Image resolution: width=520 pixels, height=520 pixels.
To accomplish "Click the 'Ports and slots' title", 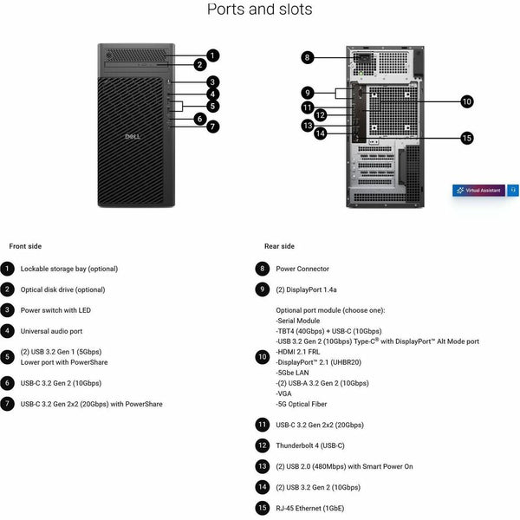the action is (x=260, y=10).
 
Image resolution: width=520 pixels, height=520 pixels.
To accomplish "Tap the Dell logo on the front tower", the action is (x=133, y=136).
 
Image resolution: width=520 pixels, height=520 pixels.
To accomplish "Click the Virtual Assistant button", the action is (x=479, y=191).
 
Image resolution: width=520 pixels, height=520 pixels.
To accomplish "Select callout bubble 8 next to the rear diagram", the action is (x=308, y=57).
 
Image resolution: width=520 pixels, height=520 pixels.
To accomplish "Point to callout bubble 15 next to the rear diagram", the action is (x=467, y=138).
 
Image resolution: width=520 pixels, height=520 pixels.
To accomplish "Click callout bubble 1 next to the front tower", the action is (x=212, y=55).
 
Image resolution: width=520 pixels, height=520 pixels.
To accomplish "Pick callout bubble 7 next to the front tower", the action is (x=212, y=127).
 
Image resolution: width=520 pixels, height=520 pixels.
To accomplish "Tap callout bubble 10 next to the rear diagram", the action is (x=467, y=101).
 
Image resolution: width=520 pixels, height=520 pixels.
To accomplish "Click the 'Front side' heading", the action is (x=25, y=246).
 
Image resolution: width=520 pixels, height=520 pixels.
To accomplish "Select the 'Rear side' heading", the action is (x=279, y=246).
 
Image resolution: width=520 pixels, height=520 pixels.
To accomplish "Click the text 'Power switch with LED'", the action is (x=55, y=310).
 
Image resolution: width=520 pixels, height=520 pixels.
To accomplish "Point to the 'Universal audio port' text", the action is (x=51, y=331).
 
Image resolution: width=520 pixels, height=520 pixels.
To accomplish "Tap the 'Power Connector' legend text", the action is (x=302, y=269).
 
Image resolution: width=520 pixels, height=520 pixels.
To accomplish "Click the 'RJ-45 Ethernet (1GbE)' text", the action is (x=310, y=508).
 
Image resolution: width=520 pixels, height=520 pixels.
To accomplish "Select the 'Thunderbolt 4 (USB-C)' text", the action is (x=310, y=445).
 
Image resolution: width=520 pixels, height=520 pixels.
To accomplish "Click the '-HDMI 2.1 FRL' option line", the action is (x=298, y=352).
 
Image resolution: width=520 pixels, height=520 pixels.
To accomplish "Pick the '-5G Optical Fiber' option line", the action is (x=302, y=404).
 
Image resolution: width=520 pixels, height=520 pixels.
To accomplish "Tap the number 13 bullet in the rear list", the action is (x=263, y=466).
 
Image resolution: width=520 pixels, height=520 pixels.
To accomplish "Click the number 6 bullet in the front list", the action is (x=7, y=383).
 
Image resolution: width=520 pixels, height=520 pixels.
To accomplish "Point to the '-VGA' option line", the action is (x=284, y=393).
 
